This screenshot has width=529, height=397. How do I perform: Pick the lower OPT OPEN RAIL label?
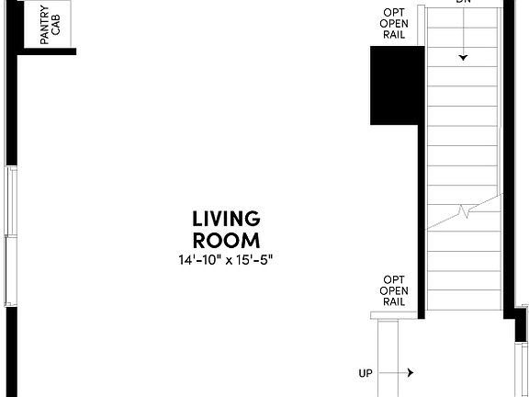(394, 290)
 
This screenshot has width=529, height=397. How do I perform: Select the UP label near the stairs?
(366, 373)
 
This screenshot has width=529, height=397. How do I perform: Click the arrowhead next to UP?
(410, 373)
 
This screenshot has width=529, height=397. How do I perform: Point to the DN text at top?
(463, 3)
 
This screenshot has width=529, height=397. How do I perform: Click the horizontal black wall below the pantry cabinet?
(46, 51)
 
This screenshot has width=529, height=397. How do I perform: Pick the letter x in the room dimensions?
(228, 260)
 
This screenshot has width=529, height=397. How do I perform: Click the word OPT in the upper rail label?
(394, 12)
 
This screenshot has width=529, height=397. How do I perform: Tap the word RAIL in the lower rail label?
(394, 301)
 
